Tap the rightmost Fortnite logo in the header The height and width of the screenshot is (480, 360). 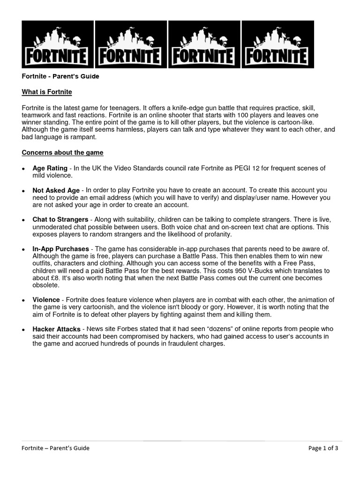tap(277, 45)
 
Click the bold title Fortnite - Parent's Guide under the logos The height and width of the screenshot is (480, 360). tap(60, 76)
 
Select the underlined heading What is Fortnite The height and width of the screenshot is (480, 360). tap(47, 92)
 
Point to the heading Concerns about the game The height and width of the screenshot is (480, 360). tap(62, 152)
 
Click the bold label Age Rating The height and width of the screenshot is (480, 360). tap(50, 168)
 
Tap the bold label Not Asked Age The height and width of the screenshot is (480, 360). tap(56, 190)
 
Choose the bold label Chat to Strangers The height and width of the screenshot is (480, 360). tap(60, 219)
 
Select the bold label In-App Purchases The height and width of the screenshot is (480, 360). tap(61, 248)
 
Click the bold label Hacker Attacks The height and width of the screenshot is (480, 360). tap(56, 330)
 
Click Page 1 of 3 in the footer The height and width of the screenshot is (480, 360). tap(323, 448)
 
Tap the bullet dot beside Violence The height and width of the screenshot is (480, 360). tap(23, 300)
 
